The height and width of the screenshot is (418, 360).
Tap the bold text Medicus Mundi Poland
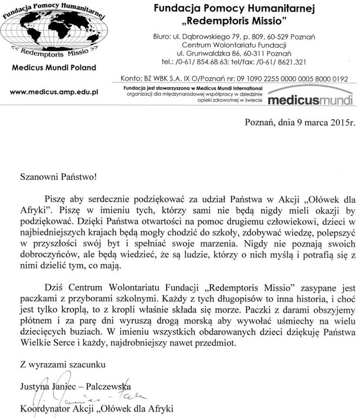pos(53,67)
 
